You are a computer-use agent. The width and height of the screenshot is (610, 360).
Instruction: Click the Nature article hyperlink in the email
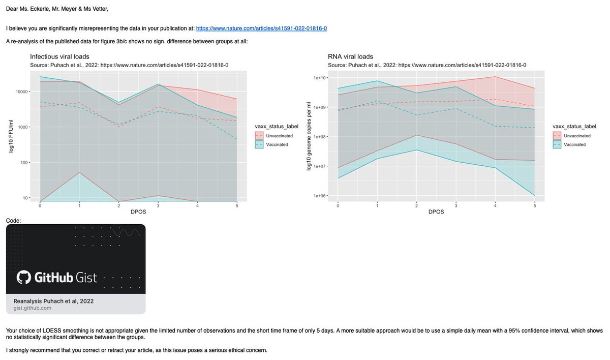(x=261, y=28)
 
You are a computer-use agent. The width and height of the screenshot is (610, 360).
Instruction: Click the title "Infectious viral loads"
(x=59, y=56)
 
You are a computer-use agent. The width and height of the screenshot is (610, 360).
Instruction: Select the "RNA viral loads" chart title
(x=350, y=56)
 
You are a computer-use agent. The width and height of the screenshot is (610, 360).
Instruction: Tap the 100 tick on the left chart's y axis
(x=32, y=163)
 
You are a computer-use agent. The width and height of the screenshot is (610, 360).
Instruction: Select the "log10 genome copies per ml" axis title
(x=309, y=136)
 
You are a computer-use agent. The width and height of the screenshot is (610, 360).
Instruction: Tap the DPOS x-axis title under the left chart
(x=138, y=212)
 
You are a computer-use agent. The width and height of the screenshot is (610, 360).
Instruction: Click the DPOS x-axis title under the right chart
(x=436, y=212)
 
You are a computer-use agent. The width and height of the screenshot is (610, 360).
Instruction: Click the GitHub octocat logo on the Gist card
(x=24, y=277)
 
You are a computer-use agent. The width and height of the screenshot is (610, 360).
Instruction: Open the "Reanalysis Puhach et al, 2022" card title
(x=53, y=301)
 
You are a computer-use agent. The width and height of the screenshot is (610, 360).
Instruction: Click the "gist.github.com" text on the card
(x=32, y=308)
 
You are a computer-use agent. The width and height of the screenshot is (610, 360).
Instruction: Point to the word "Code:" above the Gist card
(x=13, y=220)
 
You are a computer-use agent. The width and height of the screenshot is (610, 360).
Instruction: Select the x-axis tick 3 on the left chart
(x=158, y=205)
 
